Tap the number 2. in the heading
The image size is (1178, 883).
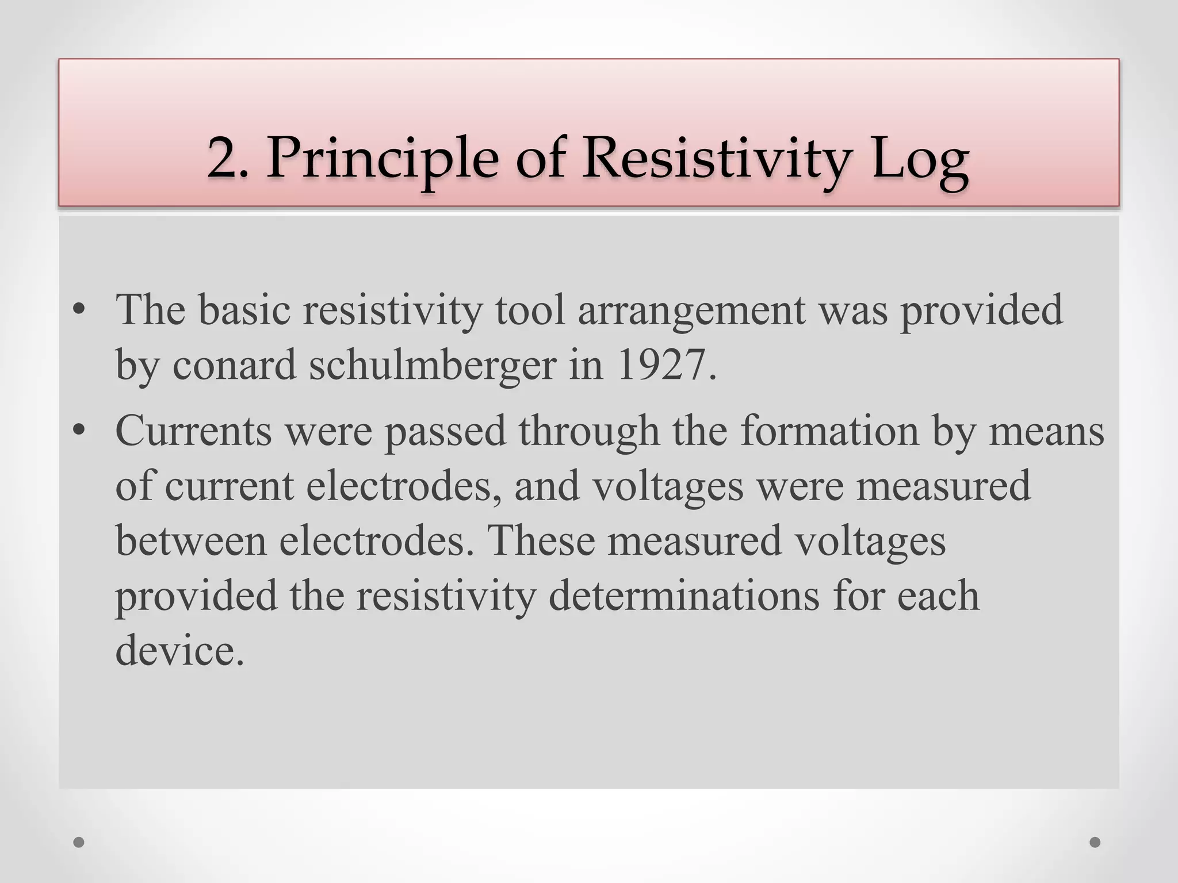[x=228, y=158]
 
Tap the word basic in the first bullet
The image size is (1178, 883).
[x=244, y=309]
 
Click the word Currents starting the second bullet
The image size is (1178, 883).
[x=193, y=431]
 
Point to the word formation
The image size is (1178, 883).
[x=829, y=431]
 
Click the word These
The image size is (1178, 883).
[x=540, y=541]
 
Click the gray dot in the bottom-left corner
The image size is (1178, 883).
[x=79, y=843]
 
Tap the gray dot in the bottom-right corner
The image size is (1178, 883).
[x=1095, y=843]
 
